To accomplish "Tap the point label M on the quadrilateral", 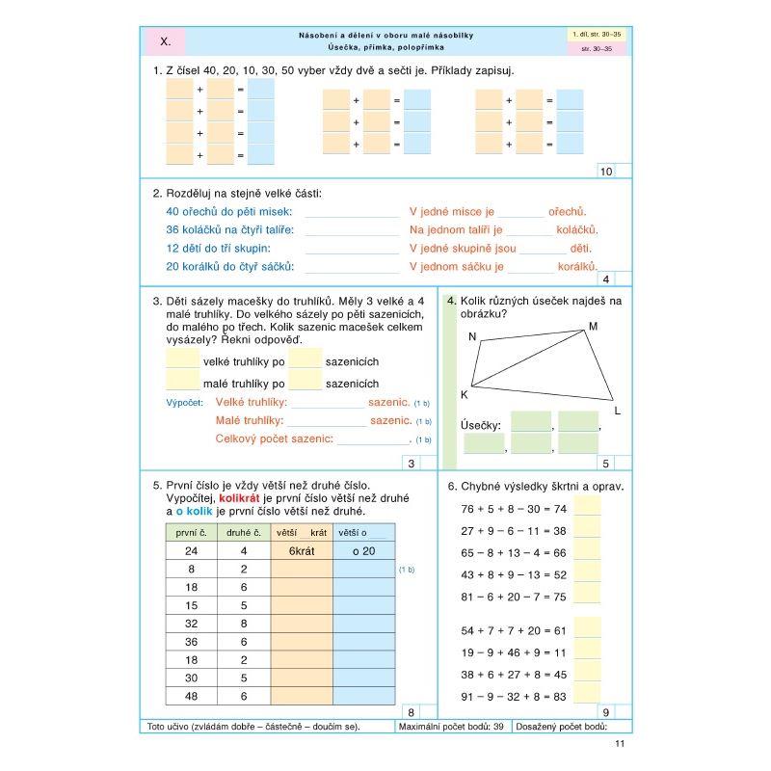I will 594,327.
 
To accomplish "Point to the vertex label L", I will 617,412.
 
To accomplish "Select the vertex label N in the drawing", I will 472,336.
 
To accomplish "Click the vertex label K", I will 464,394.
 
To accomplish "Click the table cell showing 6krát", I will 301,550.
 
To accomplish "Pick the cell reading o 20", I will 362,550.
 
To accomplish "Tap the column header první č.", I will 191,531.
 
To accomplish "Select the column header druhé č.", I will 243,531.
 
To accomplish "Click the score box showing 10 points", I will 606,172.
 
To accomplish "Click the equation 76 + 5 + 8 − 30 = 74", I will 514,509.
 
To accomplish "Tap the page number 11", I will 620,744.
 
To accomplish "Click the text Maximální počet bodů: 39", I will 451,726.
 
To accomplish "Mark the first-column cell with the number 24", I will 191,550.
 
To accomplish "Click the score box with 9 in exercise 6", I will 604,712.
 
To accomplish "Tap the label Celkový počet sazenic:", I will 275,439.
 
